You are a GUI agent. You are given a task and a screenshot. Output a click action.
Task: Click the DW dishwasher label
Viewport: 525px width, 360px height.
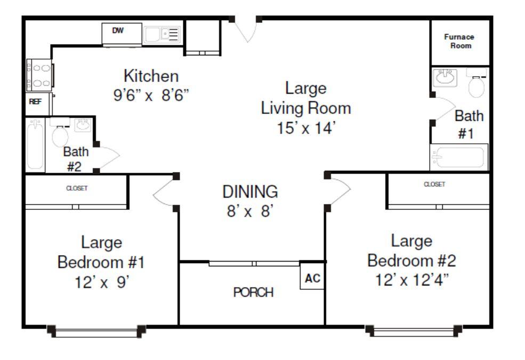118,30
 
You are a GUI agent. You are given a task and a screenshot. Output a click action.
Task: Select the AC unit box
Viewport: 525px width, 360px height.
312,276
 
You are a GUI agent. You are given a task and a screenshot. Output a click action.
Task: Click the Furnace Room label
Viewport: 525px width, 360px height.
459,41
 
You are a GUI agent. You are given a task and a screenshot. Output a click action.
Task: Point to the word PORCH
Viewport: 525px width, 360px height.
253,292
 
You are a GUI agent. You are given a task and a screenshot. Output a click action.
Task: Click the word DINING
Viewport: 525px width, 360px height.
250,192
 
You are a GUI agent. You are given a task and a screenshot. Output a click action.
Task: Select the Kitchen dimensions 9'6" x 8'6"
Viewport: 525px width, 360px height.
151,95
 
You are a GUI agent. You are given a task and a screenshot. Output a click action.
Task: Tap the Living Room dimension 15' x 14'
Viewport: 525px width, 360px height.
306,128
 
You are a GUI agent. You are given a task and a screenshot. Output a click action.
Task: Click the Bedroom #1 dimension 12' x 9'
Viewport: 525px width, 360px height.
102,282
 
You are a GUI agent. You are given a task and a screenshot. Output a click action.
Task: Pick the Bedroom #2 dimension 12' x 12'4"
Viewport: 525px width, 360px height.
411,280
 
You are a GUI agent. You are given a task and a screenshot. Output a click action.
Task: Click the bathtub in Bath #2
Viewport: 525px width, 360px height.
35,145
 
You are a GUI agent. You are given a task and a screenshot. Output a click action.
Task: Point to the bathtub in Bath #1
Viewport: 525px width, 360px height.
459,157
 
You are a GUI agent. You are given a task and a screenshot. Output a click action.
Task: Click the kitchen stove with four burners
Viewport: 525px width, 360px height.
39,75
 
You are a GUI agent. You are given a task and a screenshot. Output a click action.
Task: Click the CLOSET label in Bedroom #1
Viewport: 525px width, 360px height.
77,189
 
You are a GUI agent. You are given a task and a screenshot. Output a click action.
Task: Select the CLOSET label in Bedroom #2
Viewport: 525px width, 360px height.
434,184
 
